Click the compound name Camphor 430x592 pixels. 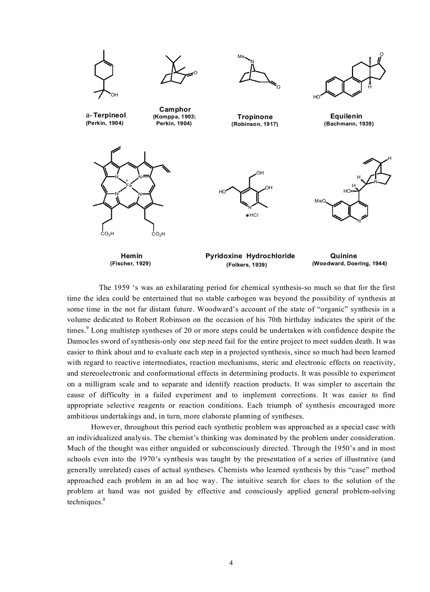click(x=175, y=109)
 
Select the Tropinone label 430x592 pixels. click(x=255, y=117)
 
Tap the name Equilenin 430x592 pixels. click(x=346, y=116)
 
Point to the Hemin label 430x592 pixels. click(x=131, y=256)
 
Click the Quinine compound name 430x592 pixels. click(x=344, y=256)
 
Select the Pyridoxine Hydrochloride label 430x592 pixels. click(x=250, y=256)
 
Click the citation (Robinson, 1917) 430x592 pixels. click(x=255, y=124)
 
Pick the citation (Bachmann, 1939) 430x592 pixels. click(x=348, y=123)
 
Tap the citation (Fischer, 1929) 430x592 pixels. click(x=133, y=263)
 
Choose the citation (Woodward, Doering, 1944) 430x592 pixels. click(x=349, y=263)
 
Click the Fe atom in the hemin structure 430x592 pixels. click(x=128, y=186)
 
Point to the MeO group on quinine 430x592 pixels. click(x=320, y=201)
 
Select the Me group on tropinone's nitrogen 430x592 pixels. click(x=241, y=57)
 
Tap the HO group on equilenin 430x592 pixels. click(x=316, y=97)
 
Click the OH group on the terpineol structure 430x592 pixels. click(x=114, y=94)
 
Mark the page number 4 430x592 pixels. click(x=231, y=562)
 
